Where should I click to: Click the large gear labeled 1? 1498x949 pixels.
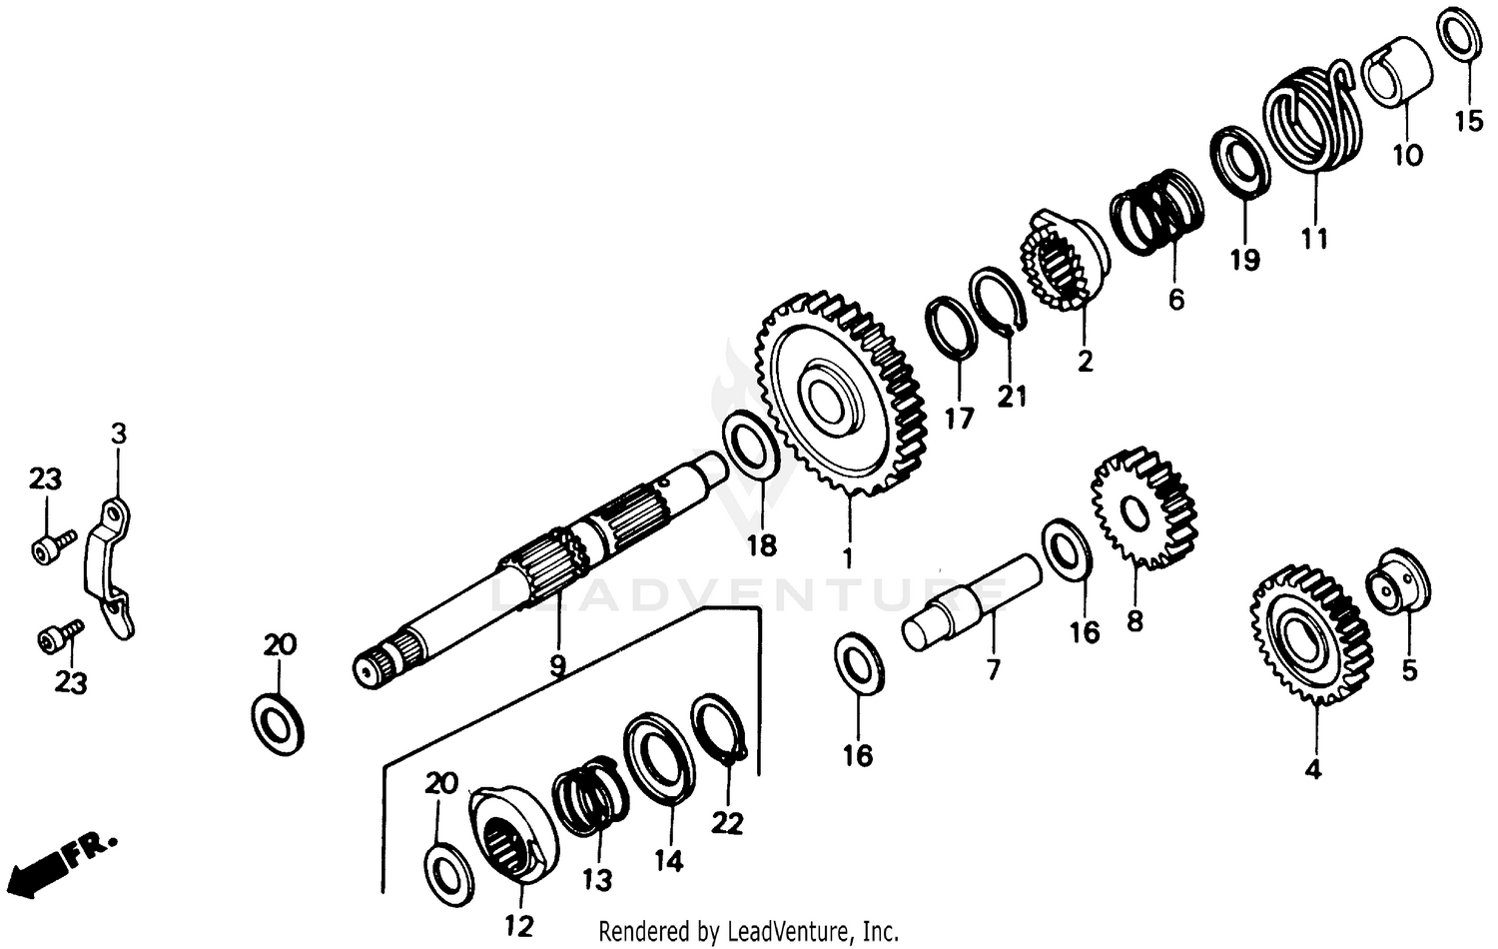click(x=837, y=395)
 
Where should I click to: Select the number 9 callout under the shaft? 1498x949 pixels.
click(x=556, y=663)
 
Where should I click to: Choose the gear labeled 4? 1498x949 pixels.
click(x=1310, y=634)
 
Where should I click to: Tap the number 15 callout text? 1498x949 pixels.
click(x=1468, y=122)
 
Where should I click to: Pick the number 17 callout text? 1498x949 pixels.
click(x=959, y=418)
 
